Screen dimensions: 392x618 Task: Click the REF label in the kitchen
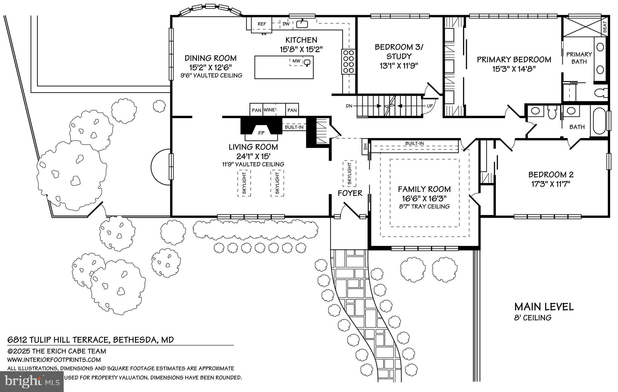click(262, 24)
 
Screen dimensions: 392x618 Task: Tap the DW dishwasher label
click(286, 24)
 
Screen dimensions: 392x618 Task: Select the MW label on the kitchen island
click(296, 61)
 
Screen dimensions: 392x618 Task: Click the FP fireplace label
click(261, 133)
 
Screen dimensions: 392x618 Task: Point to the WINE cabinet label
click(269, 110)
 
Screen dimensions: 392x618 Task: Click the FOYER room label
click(350, 193)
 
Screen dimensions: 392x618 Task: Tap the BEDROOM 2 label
click(551, 175)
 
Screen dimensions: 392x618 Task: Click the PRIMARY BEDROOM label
click(514, 59)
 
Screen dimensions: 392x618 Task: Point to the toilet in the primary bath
click(602, 93)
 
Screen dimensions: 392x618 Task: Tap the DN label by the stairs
click(349, 106)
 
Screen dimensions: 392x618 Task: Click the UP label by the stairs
click(429, 106)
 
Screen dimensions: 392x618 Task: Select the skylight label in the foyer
click(349, 174)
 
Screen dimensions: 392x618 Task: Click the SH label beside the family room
click(365, 147)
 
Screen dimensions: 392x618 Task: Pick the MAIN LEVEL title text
click(544, 307)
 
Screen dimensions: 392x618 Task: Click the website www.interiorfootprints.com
click(54, 360)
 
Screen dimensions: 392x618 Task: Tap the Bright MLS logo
click(32, 381)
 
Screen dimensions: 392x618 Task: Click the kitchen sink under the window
click(302, 24)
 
